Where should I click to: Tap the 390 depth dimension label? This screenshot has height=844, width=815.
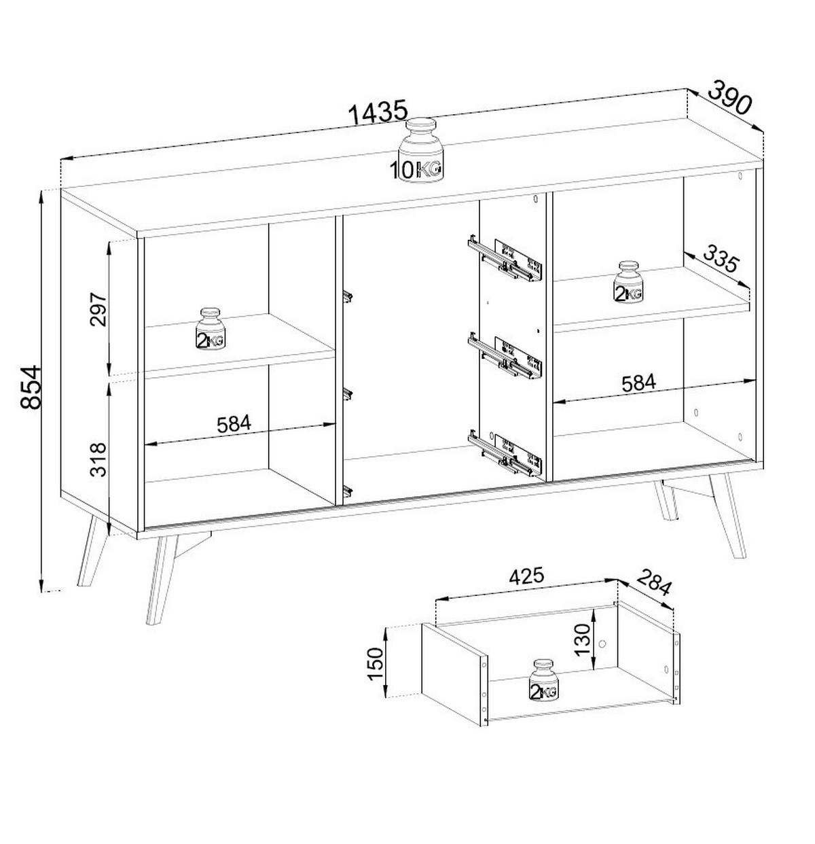[x=731, y=99]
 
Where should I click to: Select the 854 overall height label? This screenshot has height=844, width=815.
[x=31, y=387]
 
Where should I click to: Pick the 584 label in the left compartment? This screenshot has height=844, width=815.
[x=234, y=424]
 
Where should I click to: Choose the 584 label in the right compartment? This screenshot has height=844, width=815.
[x=638, y=383]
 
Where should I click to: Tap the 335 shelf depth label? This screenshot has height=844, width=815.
[x=719, y=259]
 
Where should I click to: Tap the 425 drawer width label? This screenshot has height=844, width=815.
[x=526, y=576]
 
